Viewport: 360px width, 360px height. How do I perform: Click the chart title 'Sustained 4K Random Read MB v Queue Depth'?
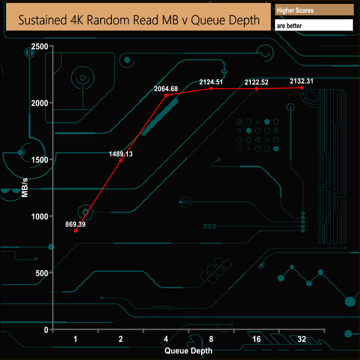coord(139,20)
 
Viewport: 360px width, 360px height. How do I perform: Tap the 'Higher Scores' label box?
coord(315,10)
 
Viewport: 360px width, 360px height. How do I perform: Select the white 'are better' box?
coord(314,25)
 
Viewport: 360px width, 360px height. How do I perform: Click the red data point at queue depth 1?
coord(75,231)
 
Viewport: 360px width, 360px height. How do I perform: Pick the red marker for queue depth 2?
coord(121,161)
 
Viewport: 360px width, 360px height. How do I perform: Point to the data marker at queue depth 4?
coord(166,95)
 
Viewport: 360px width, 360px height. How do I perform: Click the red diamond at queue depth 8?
coord(211,89)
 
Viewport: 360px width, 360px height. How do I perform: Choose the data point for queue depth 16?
coord(256,89)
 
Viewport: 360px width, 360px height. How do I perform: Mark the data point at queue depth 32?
coord(302,88)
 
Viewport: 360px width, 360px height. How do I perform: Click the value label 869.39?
coord(75,224)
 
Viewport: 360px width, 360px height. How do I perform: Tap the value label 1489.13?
coord(121,154)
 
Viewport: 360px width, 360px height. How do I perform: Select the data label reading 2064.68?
coord(166,89)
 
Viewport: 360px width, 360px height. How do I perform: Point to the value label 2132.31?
coord(301,81)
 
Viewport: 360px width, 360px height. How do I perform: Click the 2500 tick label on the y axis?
coord(40,47)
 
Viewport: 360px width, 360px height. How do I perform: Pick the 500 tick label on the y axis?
coord(42,273)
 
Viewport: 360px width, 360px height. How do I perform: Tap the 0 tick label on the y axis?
coord(46,330)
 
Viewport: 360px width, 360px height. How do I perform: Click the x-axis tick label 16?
coord(256,339)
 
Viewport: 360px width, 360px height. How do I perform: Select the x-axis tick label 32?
coord(302,339)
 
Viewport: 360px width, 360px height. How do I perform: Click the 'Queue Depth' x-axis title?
coord(188,351)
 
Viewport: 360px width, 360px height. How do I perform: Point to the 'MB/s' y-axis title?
coord(24,188)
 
